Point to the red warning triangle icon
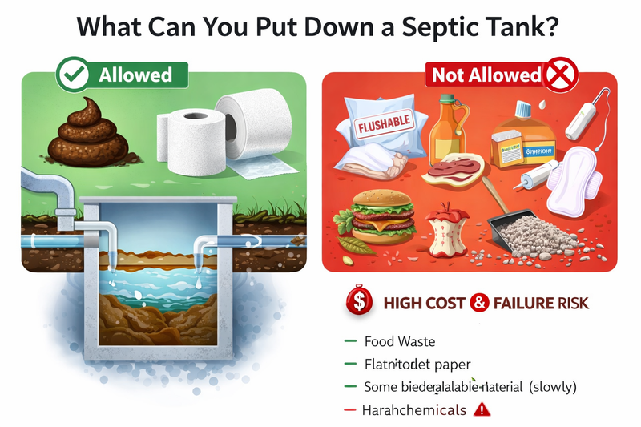coord(482,409)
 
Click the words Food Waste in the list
coord(400,342)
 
